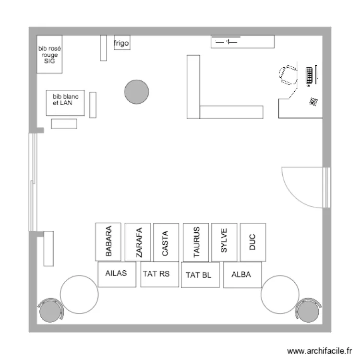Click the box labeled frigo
click(x=122, y=43)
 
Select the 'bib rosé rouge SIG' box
click(x=50, y=55)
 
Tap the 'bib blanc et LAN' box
click(x=65, y=103)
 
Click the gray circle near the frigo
click(x=136, y=92)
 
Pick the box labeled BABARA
click(x=108, y=242)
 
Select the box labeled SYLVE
click(x=224, y=242)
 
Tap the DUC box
click(x=253, y=242)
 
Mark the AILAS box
click(x=117, y=274)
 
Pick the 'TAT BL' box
click(x=200, y=275)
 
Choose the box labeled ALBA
click(x=243, y=275)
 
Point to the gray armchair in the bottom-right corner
click(x=308, y=311)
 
